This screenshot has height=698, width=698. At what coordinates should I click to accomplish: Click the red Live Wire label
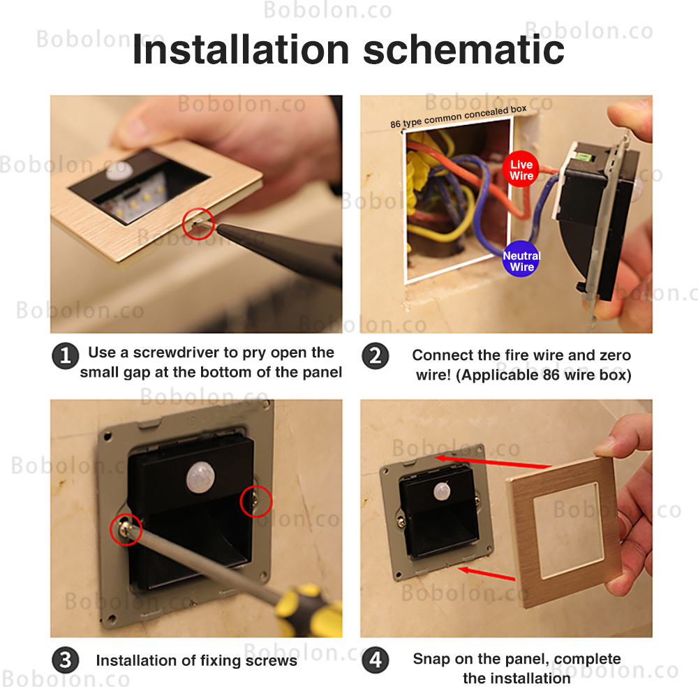point(521,170)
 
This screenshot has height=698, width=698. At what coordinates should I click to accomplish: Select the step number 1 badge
point(66,356)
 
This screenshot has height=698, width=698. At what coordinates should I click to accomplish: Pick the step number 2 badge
point(376,356)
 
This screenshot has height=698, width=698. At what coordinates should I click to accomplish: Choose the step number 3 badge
point(66,660)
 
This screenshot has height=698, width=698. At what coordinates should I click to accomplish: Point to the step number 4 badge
point(376,660)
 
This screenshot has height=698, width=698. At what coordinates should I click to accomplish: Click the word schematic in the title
point(464,50)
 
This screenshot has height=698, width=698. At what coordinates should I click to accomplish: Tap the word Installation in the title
point(241,50)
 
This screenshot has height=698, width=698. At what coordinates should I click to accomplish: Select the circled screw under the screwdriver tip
point(126,529)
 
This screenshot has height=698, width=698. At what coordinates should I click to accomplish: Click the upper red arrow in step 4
point(493,461)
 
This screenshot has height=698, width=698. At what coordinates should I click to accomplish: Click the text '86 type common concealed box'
point(459,117)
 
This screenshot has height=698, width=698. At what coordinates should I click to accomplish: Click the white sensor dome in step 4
point(442,491)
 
